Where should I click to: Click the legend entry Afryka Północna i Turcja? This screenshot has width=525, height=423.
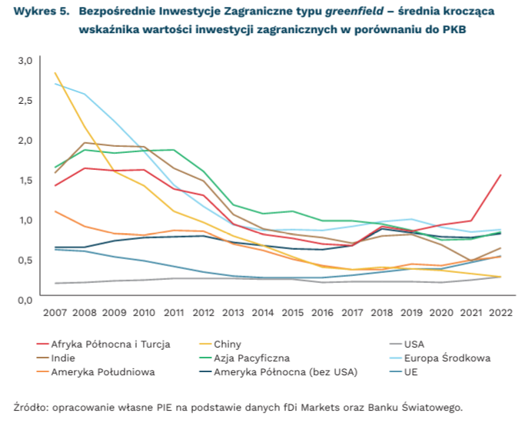(x=111, y=344)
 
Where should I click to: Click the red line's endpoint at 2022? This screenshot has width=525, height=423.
(x=500, y=175)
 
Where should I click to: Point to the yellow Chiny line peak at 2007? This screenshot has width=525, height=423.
(x=55, y=73)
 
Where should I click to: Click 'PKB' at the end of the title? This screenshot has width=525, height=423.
(x=454, y=28)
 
